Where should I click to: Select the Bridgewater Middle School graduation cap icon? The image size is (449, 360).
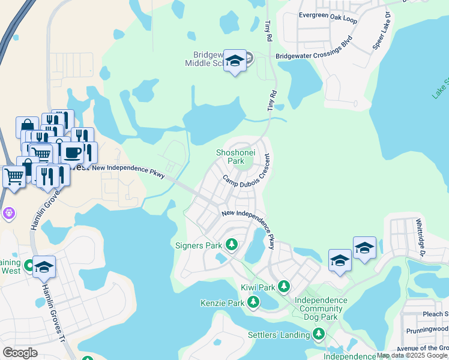[235, 61]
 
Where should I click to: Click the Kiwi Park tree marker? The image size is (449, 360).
[285, 287]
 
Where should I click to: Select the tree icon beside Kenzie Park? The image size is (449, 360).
[254, 302]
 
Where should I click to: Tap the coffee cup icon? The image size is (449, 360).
[72, 152]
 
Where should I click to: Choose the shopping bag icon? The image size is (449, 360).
[27, 126]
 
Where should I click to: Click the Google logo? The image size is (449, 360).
[20, 353]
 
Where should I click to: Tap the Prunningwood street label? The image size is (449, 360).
[426, 329]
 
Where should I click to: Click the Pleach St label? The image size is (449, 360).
[436, 314]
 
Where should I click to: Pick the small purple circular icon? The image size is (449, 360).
[8, 212]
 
